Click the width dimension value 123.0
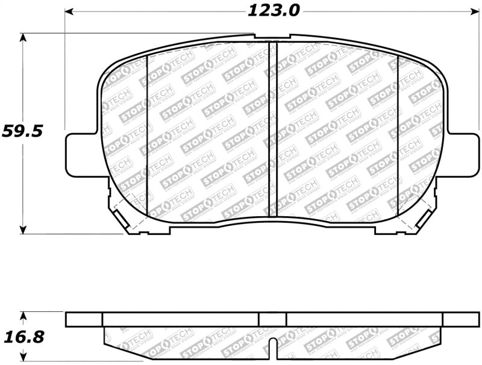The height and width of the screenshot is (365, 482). [272, 10]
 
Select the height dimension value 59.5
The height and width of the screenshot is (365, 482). [22, 131]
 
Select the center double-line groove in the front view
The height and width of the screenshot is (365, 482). [272, 129]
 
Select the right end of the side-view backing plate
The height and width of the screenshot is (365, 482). [460, 319]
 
